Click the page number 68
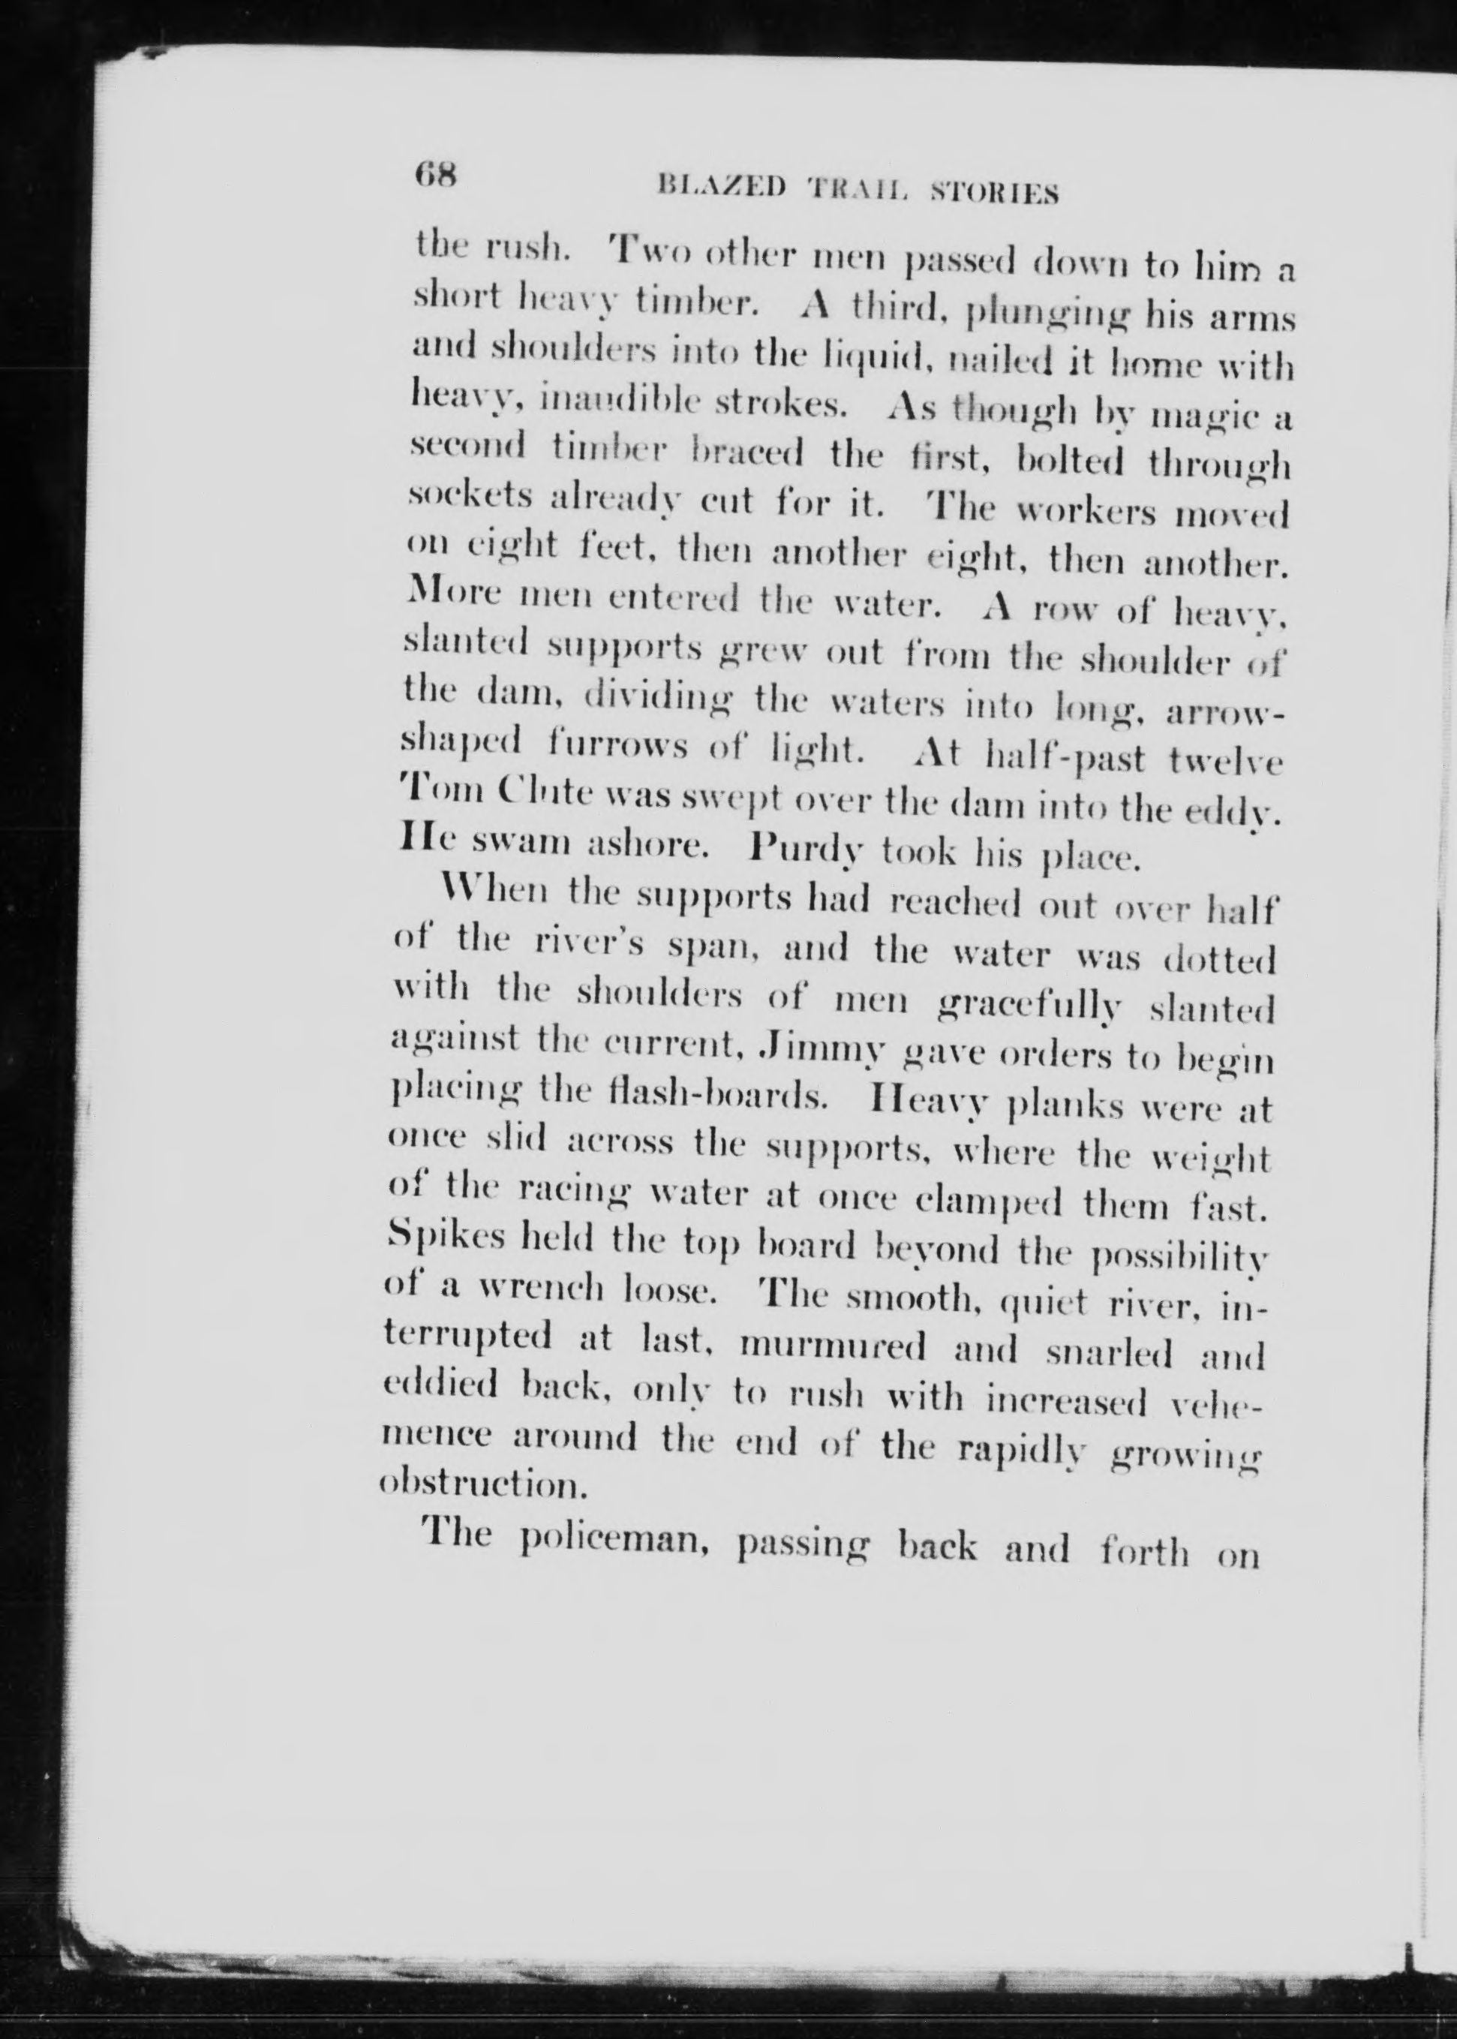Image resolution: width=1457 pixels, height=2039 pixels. (437, 173)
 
